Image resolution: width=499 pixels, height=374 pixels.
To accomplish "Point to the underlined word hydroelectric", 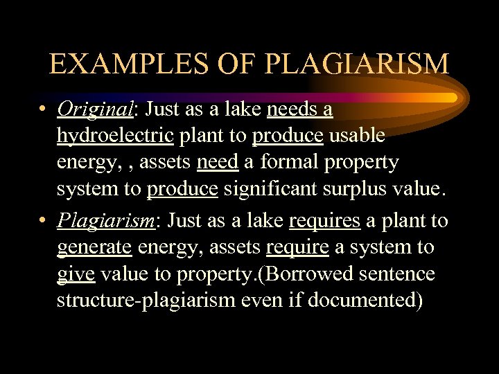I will (115, 136).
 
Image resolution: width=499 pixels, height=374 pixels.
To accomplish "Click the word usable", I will (357, 136).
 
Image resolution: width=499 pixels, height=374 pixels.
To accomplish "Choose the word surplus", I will (366, 188).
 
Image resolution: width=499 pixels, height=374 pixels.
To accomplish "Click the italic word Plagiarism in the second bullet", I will (107, 221).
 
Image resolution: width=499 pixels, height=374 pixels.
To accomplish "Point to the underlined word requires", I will (324, 221).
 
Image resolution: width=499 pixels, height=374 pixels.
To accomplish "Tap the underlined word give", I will (76, 274).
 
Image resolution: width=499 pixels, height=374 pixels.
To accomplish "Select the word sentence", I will (395, 274).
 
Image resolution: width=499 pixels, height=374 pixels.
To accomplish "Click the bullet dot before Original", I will (43, 110).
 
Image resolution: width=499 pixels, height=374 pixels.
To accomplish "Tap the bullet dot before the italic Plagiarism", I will (43, 222).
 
